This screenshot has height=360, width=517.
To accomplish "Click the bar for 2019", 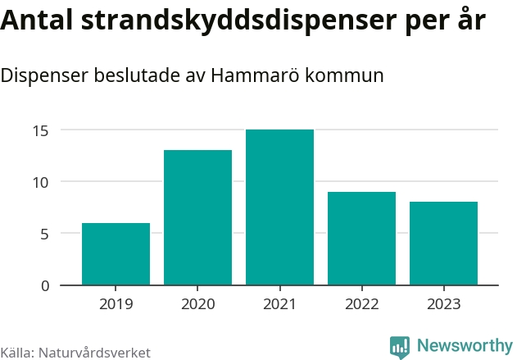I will click(x=116, y=254).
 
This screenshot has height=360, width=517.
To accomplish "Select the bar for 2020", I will click(x=197, y=217).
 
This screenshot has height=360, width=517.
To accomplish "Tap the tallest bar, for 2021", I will click(x=279, y=207).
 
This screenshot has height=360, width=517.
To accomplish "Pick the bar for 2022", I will click(x=361, y=239).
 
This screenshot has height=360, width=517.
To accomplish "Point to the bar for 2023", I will click(x=443, y=244).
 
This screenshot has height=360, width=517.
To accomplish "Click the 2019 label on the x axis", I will click(x=116, y=304).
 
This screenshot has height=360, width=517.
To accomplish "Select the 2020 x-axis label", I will click(x=197, y=304).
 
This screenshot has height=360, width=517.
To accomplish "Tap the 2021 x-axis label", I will click(x=279, y=304).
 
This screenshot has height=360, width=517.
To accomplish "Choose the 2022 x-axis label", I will click(x=361, y=304).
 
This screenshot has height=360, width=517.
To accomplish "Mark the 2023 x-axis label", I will click(x=443, y=304).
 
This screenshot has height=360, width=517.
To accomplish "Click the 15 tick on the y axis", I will click(x=41, y=130).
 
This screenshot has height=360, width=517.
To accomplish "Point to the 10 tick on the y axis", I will click(x=41, y=182).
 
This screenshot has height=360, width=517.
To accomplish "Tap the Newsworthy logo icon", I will click(x=400, y=346).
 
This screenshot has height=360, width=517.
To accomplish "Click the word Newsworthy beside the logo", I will click(x=464, y=345).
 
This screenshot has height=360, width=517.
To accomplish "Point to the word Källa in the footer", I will click(x=16, y=353).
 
